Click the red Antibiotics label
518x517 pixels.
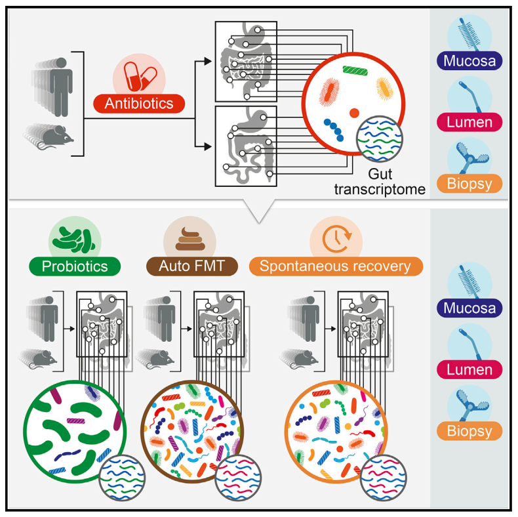139,104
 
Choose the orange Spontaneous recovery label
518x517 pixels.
336,266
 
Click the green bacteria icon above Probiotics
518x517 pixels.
75,238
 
